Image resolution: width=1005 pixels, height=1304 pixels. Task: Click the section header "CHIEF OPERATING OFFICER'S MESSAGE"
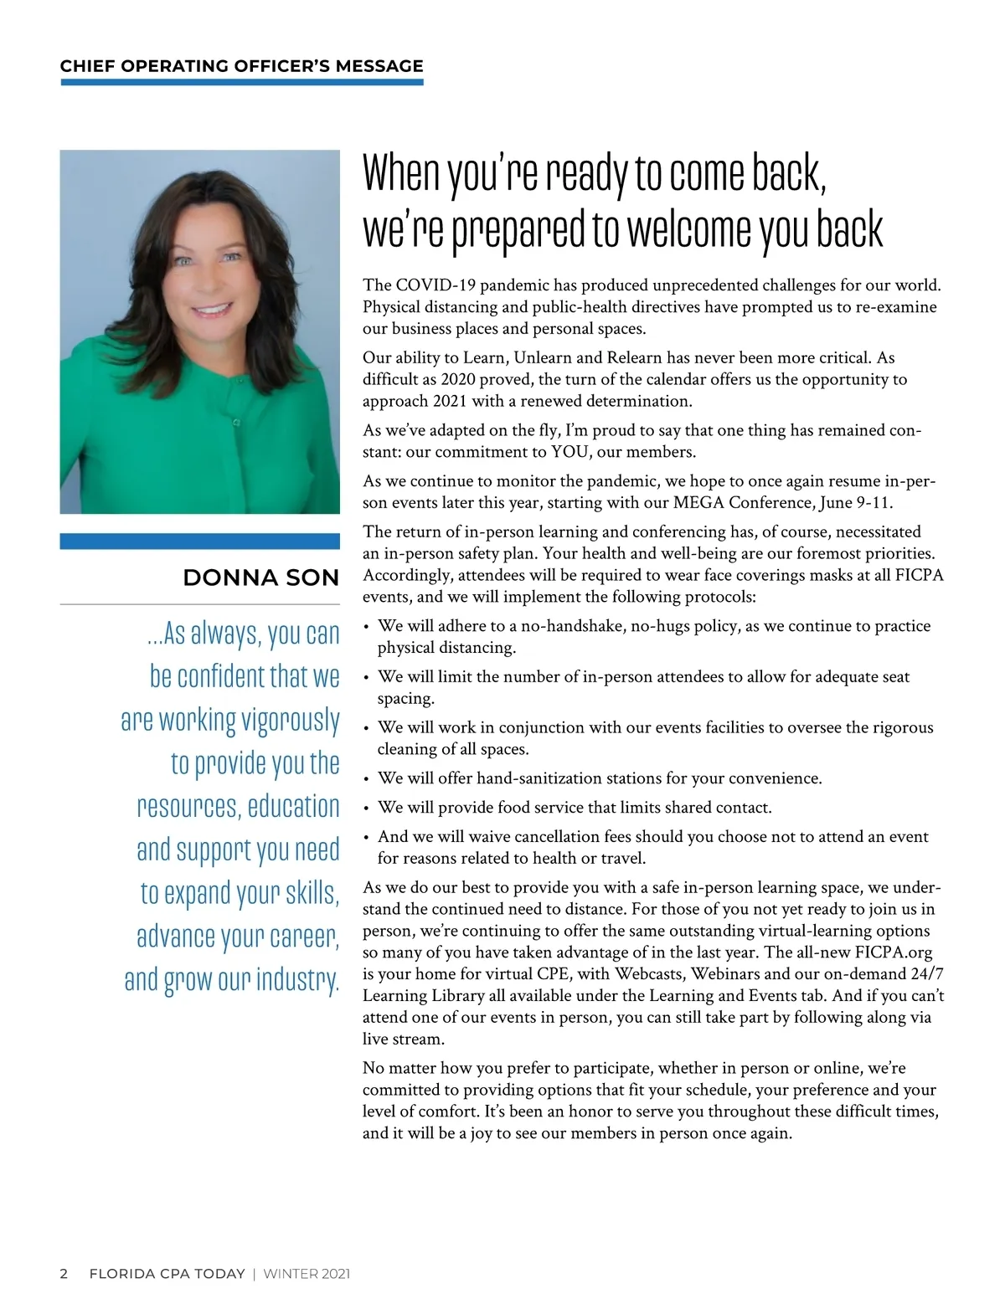[241, 66]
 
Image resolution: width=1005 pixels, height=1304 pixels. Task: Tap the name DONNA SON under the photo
[260, 578]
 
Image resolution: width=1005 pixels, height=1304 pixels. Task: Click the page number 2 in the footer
[64, 1274]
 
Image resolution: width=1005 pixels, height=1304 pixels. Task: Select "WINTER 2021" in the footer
[307, 1274]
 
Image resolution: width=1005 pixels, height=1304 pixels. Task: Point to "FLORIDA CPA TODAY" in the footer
[167, 1274]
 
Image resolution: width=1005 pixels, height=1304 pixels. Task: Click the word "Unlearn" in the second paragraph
[545, 358]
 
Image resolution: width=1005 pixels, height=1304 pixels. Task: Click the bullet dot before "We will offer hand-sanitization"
[366, 779]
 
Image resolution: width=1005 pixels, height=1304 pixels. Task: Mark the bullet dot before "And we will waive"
[366, 838]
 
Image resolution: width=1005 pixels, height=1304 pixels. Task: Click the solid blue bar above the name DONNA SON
[199, 542]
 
